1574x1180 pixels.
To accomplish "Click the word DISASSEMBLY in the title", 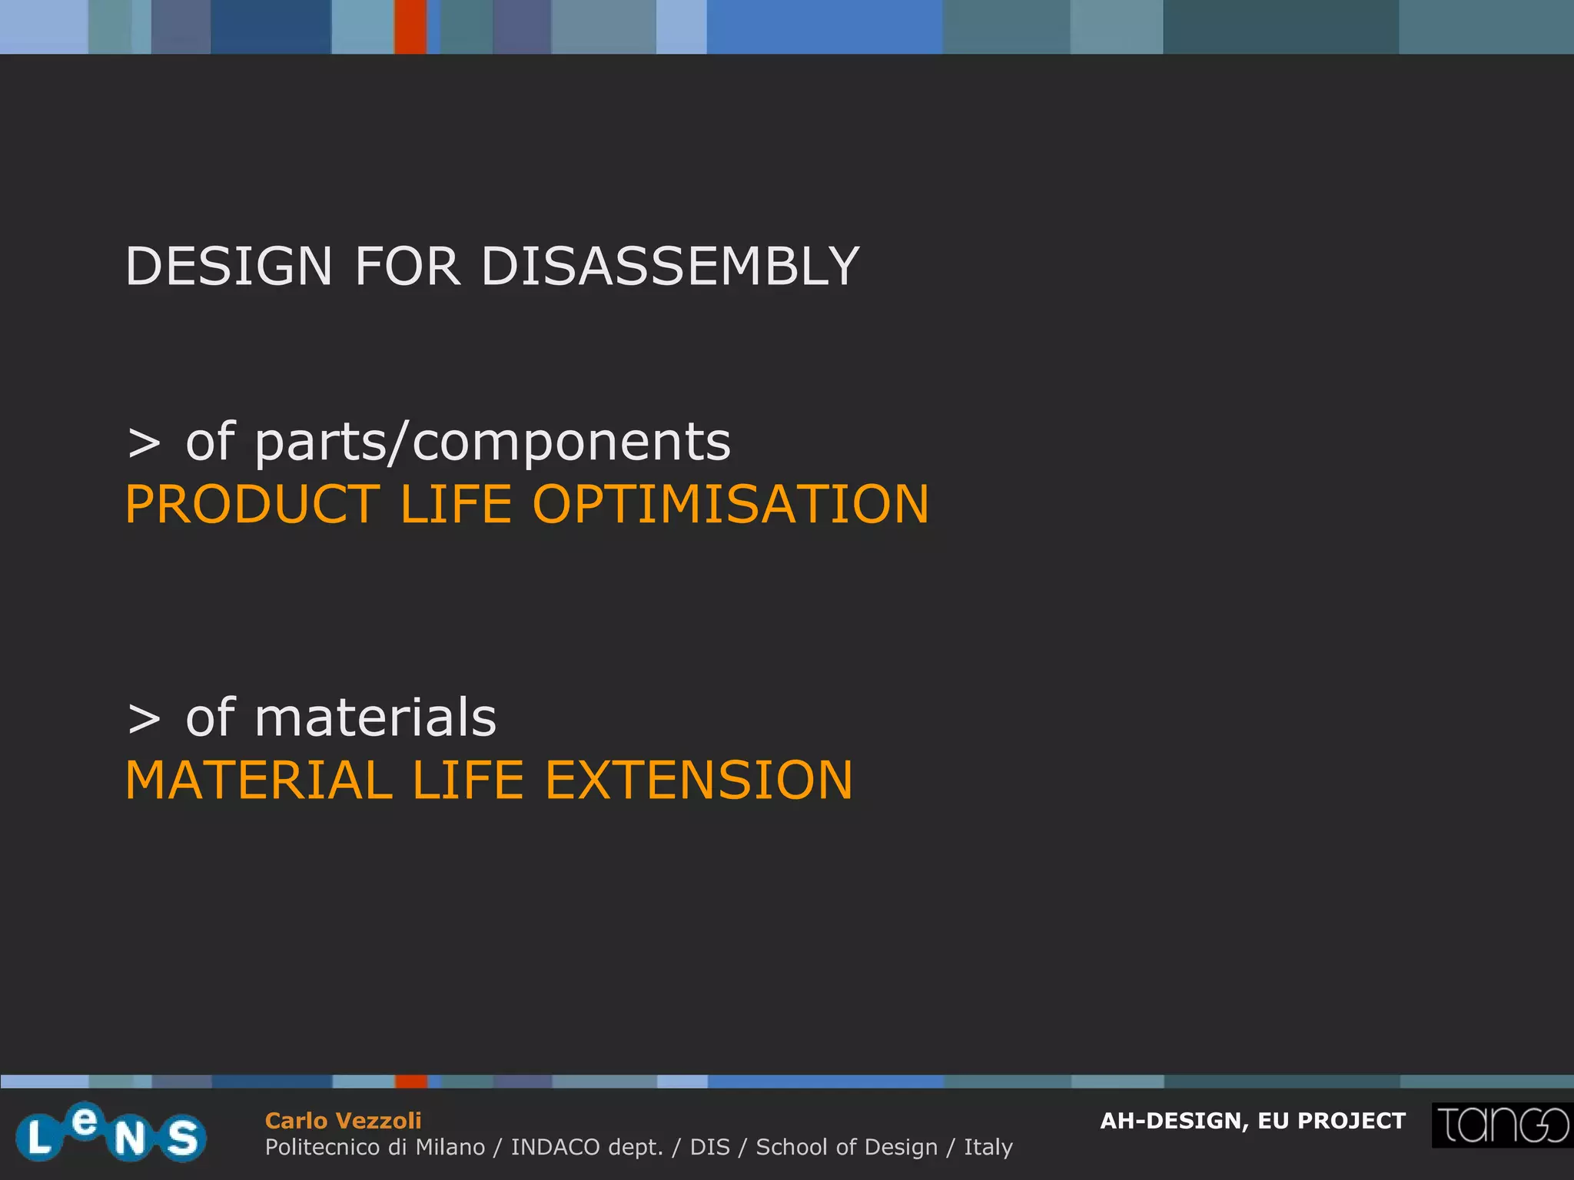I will pos(669,267).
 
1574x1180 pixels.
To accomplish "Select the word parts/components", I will pos(492,443).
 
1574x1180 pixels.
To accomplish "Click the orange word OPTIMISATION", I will pos(730,505).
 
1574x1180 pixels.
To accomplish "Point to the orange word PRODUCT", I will pos(252,505).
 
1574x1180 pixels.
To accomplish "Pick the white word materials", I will pos(375,718).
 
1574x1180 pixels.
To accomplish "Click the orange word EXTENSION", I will pos(699,781).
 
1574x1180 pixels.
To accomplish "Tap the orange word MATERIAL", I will pos(259,781).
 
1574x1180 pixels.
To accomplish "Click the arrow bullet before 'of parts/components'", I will pos(144,444).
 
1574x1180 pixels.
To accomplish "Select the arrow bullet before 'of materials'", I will pos(144,720).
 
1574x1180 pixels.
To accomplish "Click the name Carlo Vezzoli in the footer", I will pos(343,1121).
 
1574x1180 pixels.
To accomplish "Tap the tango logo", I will pos(1502,1125).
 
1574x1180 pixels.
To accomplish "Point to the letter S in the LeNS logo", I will pos(183,1138).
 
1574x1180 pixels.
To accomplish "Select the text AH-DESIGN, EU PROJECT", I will pos(1253,1121).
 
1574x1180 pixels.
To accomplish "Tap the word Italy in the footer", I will pos(988,1147).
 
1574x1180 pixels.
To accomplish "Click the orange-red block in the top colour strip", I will pos(410,27).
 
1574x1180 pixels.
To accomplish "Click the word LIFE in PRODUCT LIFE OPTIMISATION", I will pos(456,505).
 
